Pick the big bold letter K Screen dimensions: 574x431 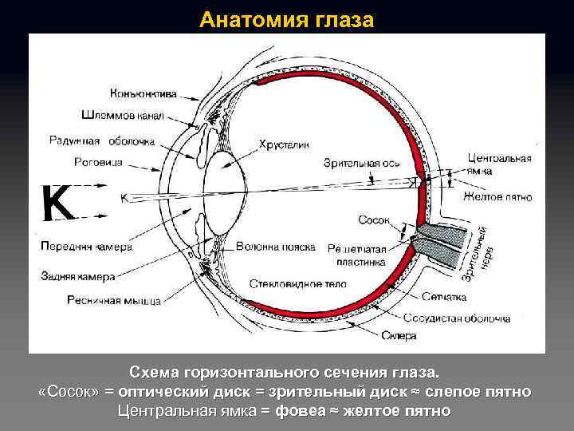(58, 204)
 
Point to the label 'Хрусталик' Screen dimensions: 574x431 (282, 144)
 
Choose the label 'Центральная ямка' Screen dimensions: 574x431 (498, 164)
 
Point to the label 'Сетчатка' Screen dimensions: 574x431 (445, 297)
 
